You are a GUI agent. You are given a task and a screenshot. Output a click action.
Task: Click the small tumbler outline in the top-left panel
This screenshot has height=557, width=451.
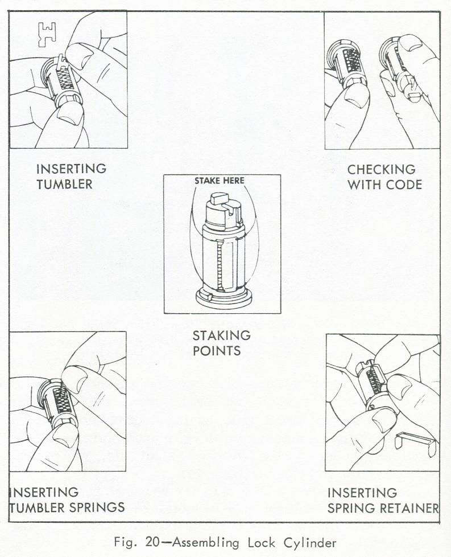tap(44, 34)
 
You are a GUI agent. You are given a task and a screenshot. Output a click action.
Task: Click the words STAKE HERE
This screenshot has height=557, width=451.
tap(220, 181)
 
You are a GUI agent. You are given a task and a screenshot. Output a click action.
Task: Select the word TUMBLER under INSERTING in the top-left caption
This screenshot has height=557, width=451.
tap(64, 184)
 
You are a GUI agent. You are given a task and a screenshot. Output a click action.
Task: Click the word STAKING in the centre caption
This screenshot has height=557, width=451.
tap(222, 334)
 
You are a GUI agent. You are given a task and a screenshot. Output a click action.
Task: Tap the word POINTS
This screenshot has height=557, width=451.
tap(216, 350)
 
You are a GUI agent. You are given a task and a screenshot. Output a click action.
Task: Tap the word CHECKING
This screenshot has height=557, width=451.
tap(381, 169)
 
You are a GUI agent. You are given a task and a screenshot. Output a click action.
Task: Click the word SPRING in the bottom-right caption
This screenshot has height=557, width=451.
tap(347, 507)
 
